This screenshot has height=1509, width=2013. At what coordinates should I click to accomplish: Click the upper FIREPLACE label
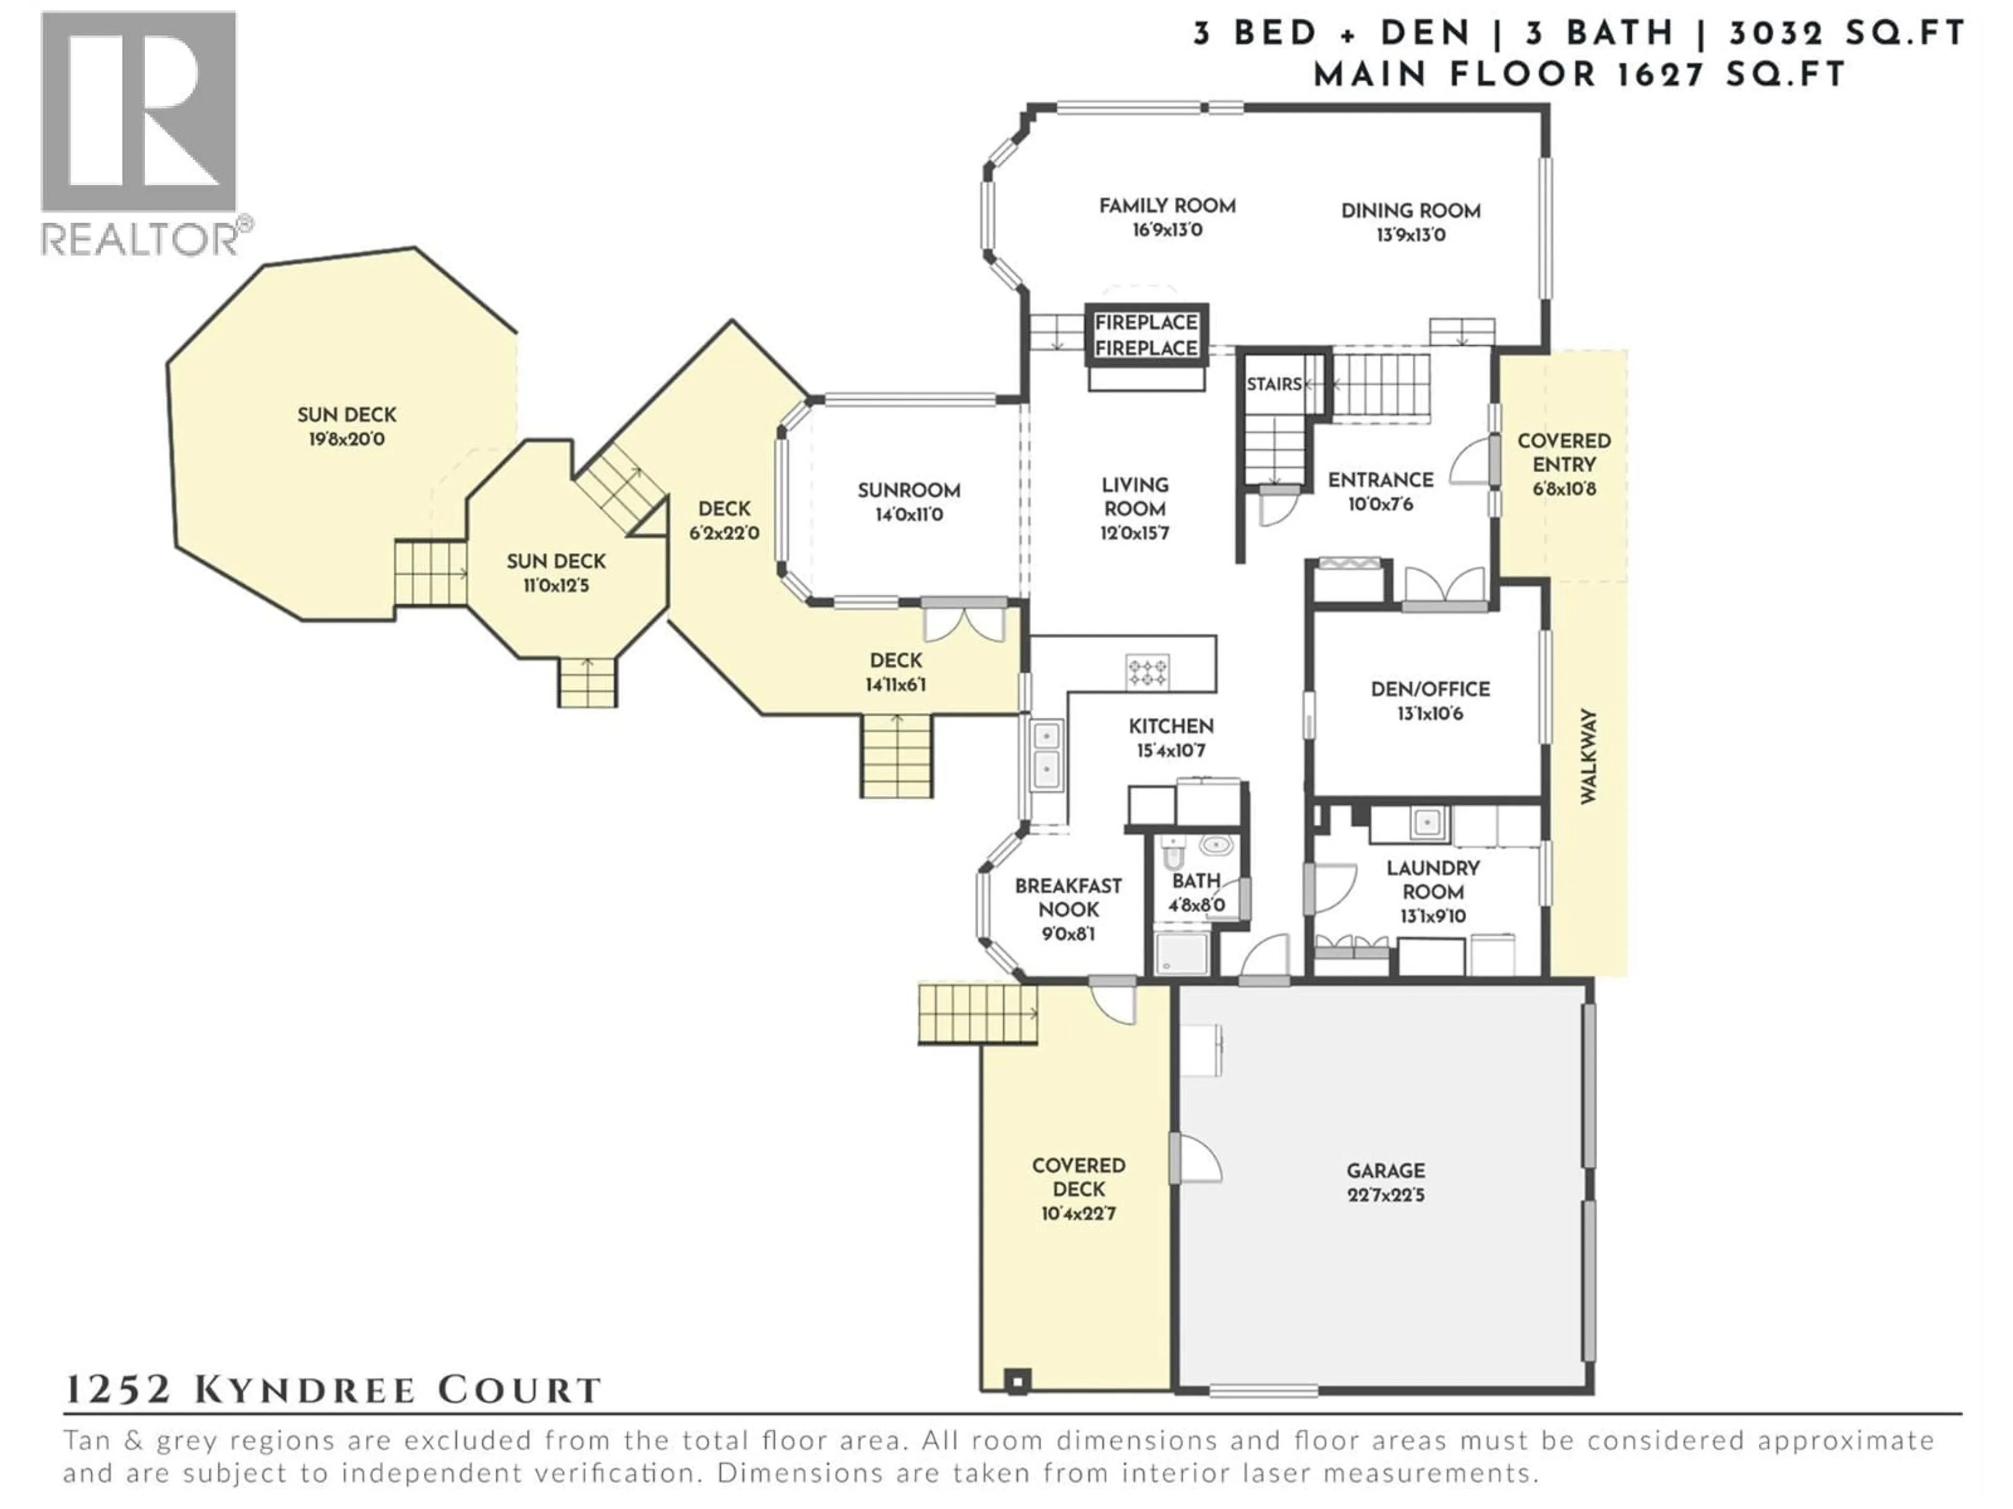click(1146, 323)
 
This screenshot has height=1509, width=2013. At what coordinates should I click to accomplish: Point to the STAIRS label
click(1273, 385)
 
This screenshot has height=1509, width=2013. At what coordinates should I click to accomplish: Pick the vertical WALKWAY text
click(1588, 756)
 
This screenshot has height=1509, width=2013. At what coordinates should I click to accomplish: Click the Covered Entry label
click(1563, 452)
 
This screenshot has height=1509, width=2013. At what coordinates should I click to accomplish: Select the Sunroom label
click(908, 491)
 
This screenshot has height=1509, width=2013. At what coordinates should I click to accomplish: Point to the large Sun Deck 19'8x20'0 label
click(347, 415)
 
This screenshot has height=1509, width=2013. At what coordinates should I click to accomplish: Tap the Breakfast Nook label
click(1068, 897)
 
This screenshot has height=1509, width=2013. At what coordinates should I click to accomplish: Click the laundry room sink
click(1426, 823)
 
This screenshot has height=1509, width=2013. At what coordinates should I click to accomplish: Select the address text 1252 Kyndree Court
click(333, 1390)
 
